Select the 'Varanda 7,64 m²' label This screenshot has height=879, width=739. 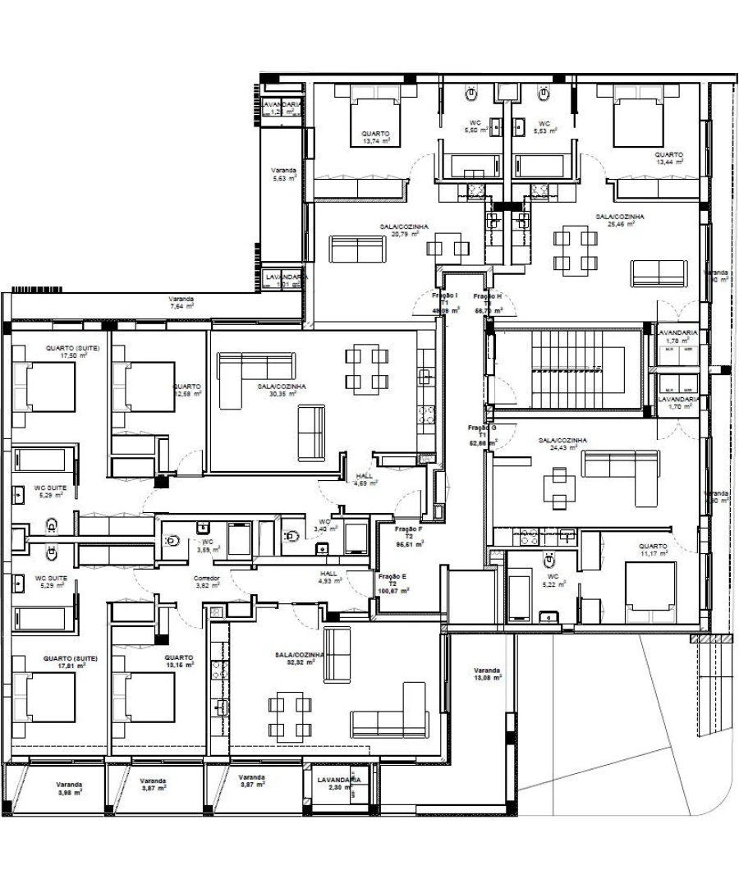tap(181, 303)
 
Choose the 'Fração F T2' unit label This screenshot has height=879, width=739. tap(409, 536)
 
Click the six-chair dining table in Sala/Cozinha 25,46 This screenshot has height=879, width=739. tap(575, 251)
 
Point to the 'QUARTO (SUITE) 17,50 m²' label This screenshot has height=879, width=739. tap(72, 351)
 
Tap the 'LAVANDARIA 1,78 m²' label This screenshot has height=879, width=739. tap(677, 336)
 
